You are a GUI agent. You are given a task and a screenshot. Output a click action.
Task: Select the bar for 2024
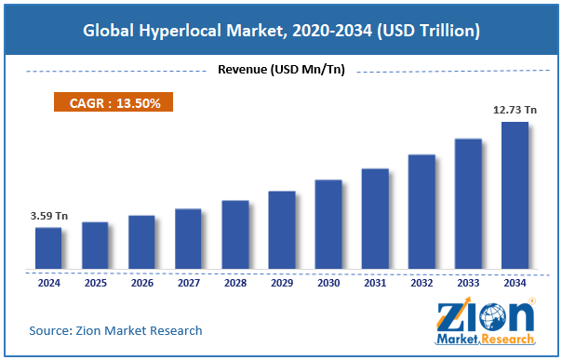point(48,248)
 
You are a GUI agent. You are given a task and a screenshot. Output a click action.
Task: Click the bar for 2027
point(188,239)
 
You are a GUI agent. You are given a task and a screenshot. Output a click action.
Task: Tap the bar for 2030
point(328,224)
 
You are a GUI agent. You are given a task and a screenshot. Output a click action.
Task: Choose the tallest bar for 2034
point(515,195)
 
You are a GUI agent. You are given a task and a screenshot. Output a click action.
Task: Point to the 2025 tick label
point(95,283)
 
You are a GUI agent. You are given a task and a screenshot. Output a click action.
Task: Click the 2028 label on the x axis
point(235,283)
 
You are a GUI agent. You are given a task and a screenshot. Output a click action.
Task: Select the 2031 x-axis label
point(375,283)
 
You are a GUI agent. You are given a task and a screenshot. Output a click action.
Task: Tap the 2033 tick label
point(468,283)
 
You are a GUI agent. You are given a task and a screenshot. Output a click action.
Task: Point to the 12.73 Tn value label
point(514,111)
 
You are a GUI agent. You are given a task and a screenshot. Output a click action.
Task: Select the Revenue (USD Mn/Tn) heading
point(281,70)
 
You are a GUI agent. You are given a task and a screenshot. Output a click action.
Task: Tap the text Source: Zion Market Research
point(115,330)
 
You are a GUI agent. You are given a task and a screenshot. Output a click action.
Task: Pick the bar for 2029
point(282,231)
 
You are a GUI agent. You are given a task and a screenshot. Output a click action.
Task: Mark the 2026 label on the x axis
point(141,283)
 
